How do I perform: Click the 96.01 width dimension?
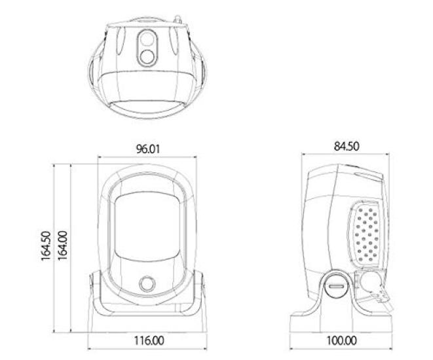click(148, 149)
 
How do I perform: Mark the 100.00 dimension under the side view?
click(341, 341)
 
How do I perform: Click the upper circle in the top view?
click(146, 42)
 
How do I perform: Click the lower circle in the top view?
click(146, 57)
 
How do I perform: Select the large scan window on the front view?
click(147, 229)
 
